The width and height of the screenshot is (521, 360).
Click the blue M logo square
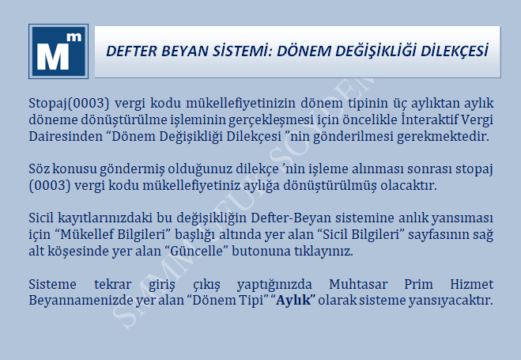tap(59, 51)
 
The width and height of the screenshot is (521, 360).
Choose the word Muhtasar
tap(358, 284)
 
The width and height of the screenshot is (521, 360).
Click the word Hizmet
tap(472, 284)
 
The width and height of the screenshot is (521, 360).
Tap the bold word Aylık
tap(294, 300)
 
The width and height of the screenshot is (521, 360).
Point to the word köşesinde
tap(77, 251)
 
